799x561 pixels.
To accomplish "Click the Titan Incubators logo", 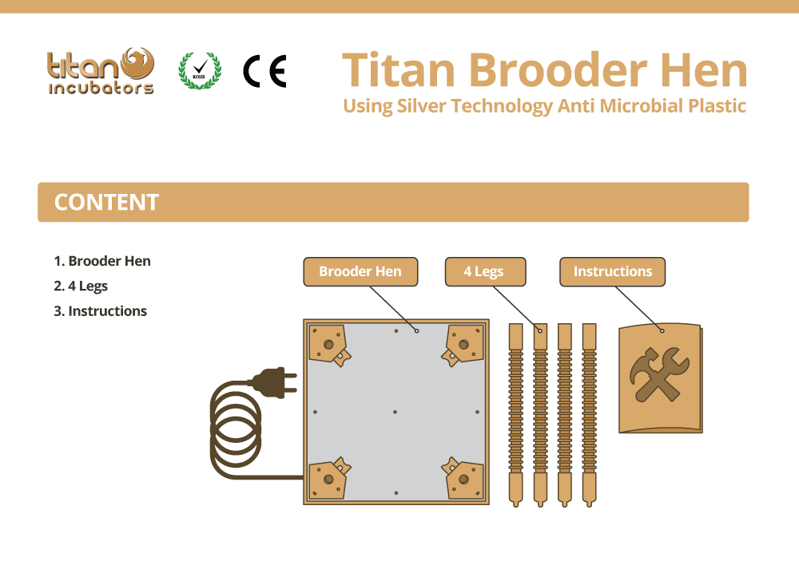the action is [x=101, y=71].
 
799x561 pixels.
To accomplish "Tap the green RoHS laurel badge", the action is [x=200, y=71].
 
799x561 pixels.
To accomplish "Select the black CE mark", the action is [x=264, y=71].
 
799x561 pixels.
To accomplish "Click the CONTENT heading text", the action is [x=106, y=202].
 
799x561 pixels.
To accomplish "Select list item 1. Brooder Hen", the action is [x=102, y=261].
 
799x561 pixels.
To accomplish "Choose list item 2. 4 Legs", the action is [x=81, y=286].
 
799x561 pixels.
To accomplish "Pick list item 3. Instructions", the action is [x=100, y=311].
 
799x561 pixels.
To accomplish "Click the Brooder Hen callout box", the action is [x=360, y=271].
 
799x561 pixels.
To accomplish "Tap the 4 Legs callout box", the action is [x=485, y=271].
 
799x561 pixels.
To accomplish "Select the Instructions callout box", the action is [x=612, y=271].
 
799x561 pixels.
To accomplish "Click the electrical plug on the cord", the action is [x=272, y=382].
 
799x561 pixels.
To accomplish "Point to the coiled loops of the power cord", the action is [x=236, y=428].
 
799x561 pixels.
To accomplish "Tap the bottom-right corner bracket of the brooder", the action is [x=463, y=479].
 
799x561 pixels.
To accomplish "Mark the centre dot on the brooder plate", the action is [x=395, y=412].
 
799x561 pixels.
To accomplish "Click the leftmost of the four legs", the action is [x=515, y=416].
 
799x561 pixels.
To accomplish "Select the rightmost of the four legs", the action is [x=589, y=416].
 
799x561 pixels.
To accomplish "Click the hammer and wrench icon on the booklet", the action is [x=659, y=374].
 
